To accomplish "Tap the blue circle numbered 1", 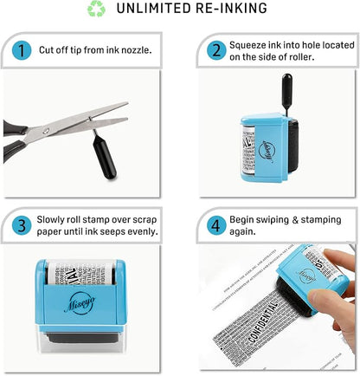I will coord(21,50).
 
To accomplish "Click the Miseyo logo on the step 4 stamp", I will coord(311,263).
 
